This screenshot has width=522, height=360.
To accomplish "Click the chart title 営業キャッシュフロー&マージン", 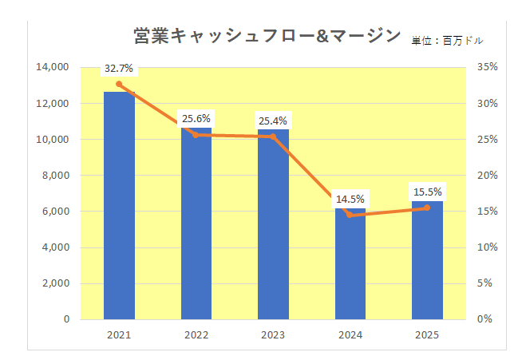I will (267, 35).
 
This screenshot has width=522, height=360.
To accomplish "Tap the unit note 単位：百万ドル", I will (448, 39).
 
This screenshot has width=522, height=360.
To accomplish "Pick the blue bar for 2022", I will (196, 224).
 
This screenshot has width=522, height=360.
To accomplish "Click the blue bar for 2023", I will (273, 224).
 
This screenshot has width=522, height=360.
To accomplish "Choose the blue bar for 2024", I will (350, 263).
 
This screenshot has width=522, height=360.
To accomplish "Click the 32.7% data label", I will (118, 69).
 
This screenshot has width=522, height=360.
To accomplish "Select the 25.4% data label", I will (273, 121).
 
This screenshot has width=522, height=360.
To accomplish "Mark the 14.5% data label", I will (350, 199).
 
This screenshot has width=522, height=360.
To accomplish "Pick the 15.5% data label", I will (427, 192).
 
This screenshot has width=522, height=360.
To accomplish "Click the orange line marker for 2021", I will (119, 84).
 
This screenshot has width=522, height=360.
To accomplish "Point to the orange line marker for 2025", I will (427, 208).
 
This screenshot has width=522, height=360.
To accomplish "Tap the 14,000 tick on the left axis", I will (53, 67).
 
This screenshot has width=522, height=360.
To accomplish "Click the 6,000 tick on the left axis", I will (56, 212).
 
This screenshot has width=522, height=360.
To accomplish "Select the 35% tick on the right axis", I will (487, 67).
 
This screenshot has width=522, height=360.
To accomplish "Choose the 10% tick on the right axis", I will (487, 247).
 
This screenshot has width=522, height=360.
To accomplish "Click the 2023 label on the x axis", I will (273, 334).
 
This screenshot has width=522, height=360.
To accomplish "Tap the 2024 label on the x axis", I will (350, 334).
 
